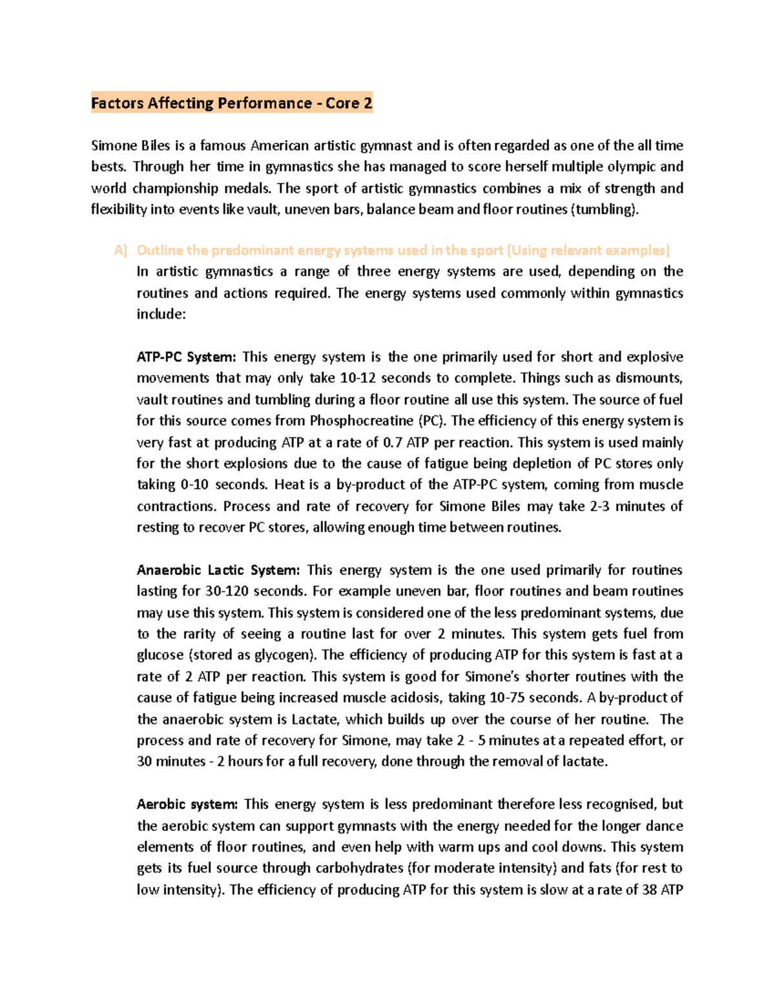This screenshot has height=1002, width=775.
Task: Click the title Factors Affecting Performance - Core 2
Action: (x=231, y=103)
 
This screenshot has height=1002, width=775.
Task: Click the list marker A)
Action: (x=121, y=250)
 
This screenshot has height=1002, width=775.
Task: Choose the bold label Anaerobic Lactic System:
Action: (x=218, y=570)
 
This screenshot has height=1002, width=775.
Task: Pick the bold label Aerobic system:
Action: (x=187, y=805)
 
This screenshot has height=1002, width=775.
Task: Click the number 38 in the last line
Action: (x=649, y=890)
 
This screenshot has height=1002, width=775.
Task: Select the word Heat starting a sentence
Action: (x=288, y=485)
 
